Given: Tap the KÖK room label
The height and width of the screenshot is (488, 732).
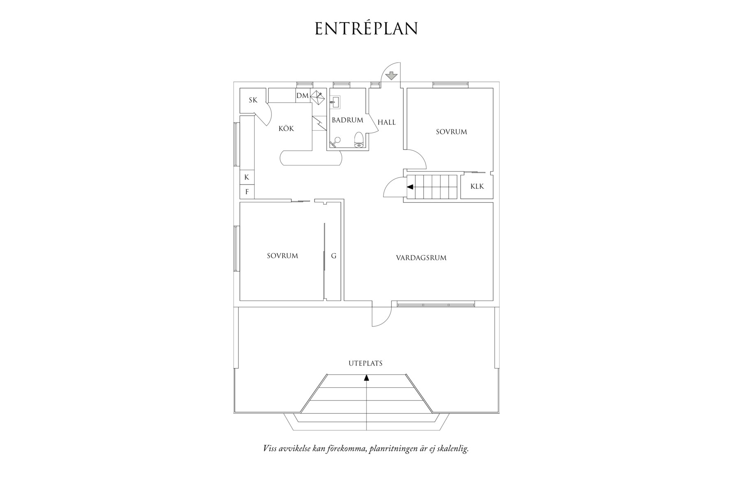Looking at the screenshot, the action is pos(286,128).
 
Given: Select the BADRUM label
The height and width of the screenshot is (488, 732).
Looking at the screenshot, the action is pos(347,120).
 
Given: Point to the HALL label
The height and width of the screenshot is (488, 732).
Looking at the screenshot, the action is pos(387,122).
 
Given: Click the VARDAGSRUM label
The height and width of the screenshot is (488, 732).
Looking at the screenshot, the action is pos(421,258).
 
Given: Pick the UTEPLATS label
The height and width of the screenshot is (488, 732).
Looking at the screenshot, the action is pos(366,363).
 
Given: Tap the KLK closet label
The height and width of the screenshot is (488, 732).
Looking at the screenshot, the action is pos(477,186).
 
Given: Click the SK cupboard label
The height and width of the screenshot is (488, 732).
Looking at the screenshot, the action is pos(253,100).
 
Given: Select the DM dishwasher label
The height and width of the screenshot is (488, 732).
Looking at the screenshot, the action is pos(302,96).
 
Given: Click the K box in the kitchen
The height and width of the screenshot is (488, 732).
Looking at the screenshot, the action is pos(247,177).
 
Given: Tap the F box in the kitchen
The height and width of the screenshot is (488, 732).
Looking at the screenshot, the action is pos(247,192).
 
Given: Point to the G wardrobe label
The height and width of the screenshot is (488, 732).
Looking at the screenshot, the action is pos(334,256).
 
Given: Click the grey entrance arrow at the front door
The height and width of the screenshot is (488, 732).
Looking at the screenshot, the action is pos(391,76).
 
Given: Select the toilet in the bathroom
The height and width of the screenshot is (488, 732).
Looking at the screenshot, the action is pos(359,140).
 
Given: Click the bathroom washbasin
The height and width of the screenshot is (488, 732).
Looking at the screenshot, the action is pos(335,102).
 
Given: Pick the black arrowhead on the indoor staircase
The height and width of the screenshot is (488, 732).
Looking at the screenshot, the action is pos(410,187).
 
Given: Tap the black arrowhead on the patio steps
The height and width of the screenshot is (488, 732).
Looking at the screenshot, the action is pos(366,378).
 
